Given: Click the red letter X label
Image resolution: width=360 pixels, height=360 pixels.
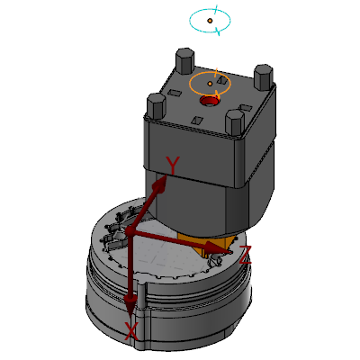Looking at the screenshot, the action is [131, 331].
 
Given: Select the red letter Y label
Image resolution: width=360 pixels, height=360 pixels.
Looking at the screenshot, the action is [173, 166].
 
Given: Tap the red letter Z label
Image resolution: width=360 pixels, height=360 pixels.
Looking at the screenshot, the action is [245, 255].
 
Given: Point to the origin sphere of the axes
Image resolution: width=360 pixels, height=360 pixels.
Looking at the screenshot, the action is [130, 231].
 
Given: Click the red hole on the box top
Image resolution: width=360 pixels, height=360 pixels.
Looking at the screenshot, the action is [210, 101].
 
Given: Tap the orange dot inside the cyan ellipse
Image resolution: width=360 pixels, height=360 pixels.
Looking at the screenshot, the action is [210, 21].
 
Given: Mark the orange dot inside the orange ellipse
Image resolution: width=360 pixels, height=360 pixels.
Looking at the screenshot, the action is [210, 84].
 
